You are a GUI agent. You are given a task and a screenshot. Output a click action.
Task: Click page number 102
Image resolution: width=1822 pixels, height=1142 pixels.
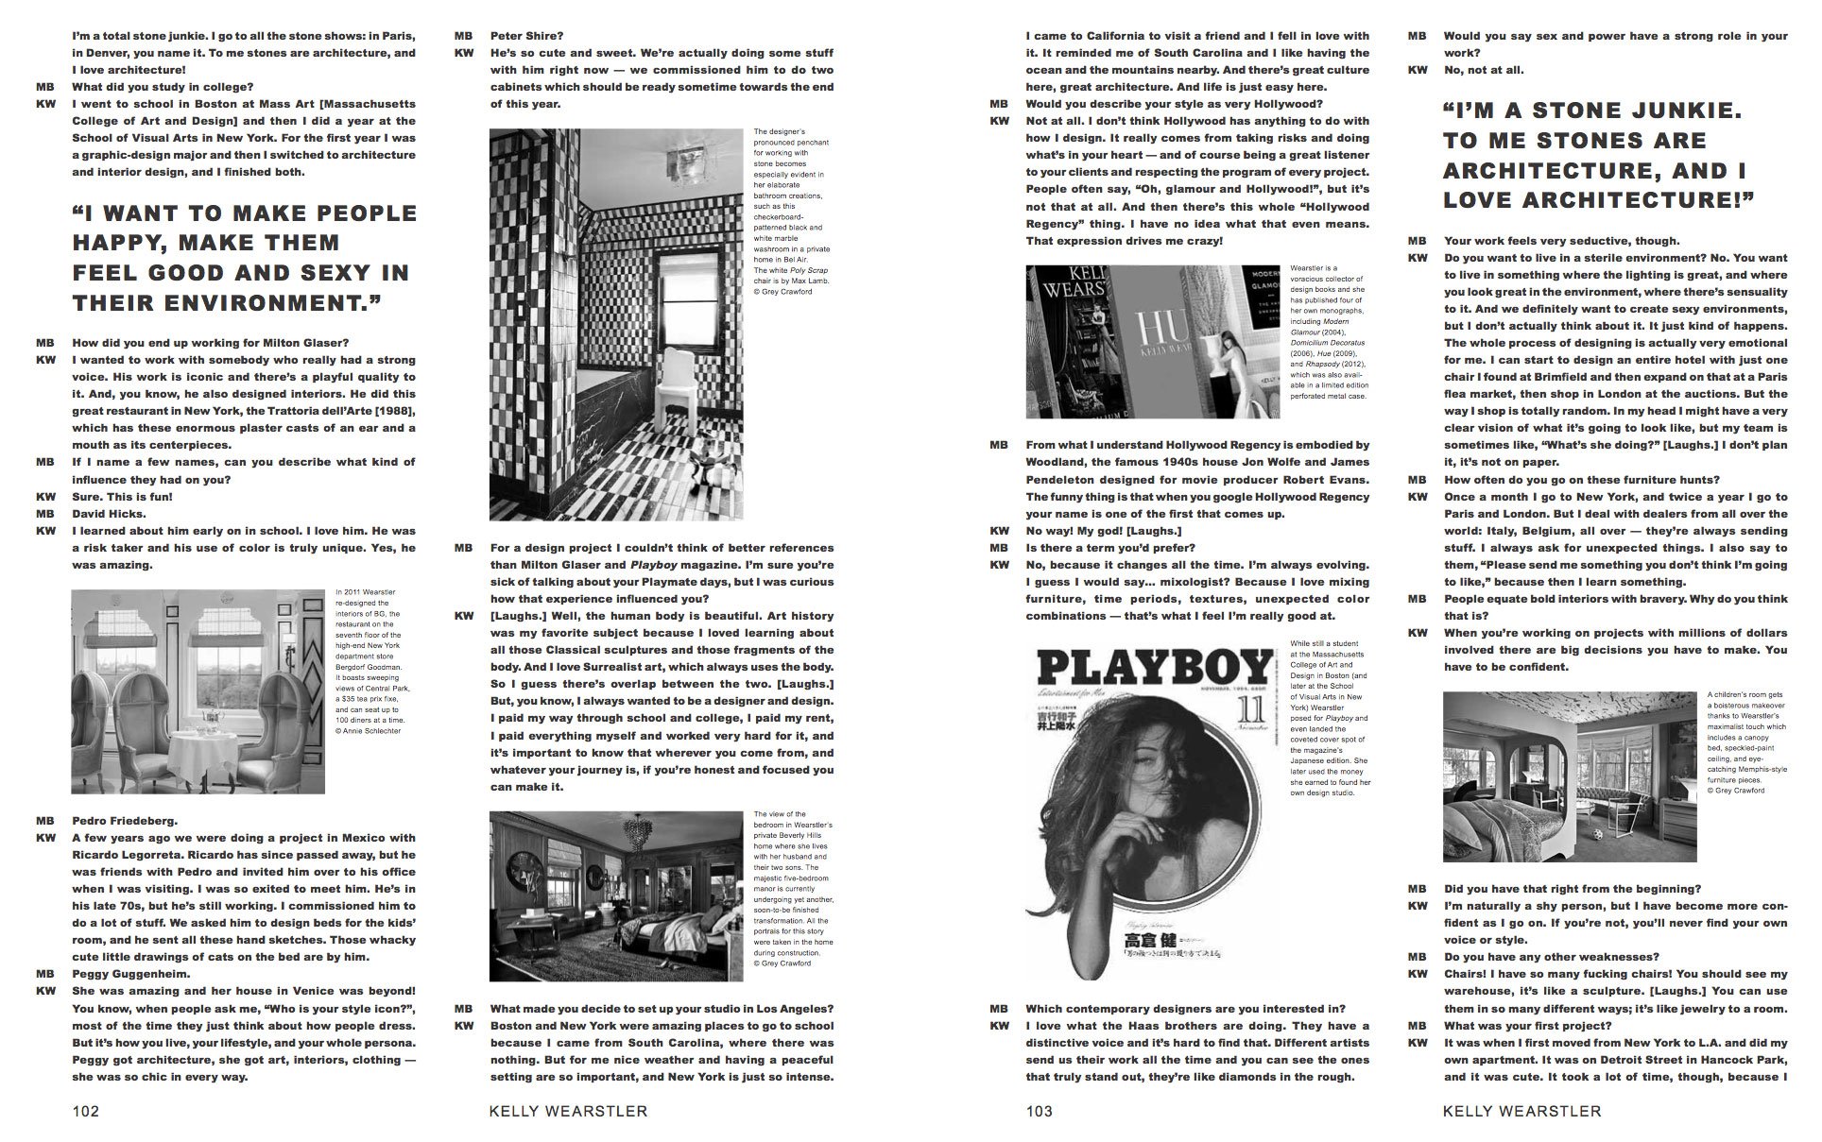click(x=86, y=1112)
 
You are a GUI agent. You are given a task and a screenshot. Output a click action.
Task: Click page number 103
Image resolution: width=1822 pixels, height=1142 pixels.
click(x=1039, y=1112)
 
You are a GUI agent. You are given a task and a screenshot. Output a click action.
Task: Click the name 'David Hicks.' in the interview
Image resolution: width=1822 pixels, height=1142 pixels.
click(x=110, y=514)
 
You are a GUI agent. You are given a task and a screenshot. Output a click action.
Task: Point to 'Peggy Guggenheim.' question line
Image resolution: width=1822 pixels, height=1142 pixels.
click(x=131, y=973)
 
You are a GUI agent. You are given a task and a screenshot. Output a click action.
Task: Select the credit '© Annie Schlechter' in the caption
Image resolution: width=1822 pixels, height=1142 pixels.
click(x=369, y=731)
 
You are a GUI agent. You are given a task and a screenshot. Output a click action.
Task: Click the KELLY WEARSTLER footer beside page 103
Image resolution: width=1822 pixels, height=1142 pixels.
click(x=1521, y=1112)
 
